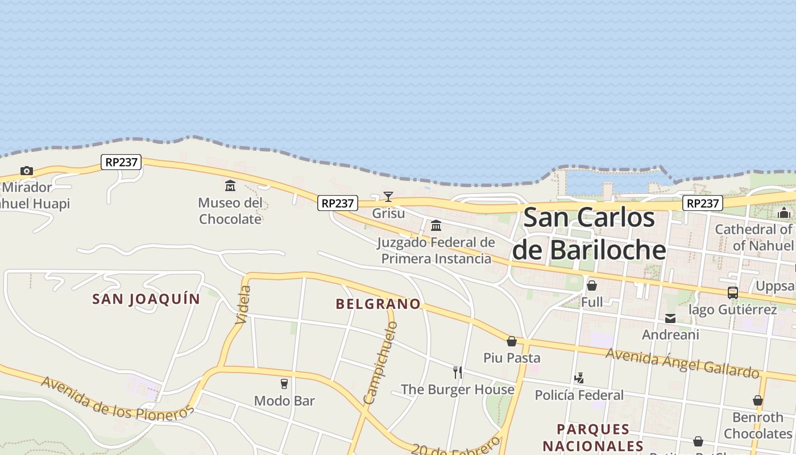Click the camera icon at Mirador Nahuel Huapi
[26, 171]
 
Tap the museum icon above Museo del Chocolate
[230, 185]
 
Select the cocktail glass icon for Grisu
[388, 197]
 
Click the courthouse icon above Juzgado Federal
[436, 226]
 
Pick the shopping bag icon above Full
[592, 286]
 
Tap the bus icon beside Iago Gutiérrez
[733, 293]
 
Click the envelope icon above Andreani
[670, 318]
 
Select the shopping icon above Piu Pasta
[512, 341]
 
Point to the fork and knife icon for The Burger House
[458, 373]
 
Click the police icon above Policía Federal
[579, 378]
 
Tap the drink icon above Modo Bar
[284, 384]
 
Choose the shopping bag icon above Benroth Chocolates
[758, 400]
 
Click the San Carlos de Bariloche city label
[589, 234]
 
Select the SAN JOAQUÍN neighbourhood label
[146, 299]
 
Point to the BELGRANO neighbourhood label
[378, 304]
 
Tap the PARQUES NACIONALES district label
[593, 437]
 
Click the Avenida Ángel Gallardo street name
[682, 363]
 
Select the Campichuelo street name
[380, 363]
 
